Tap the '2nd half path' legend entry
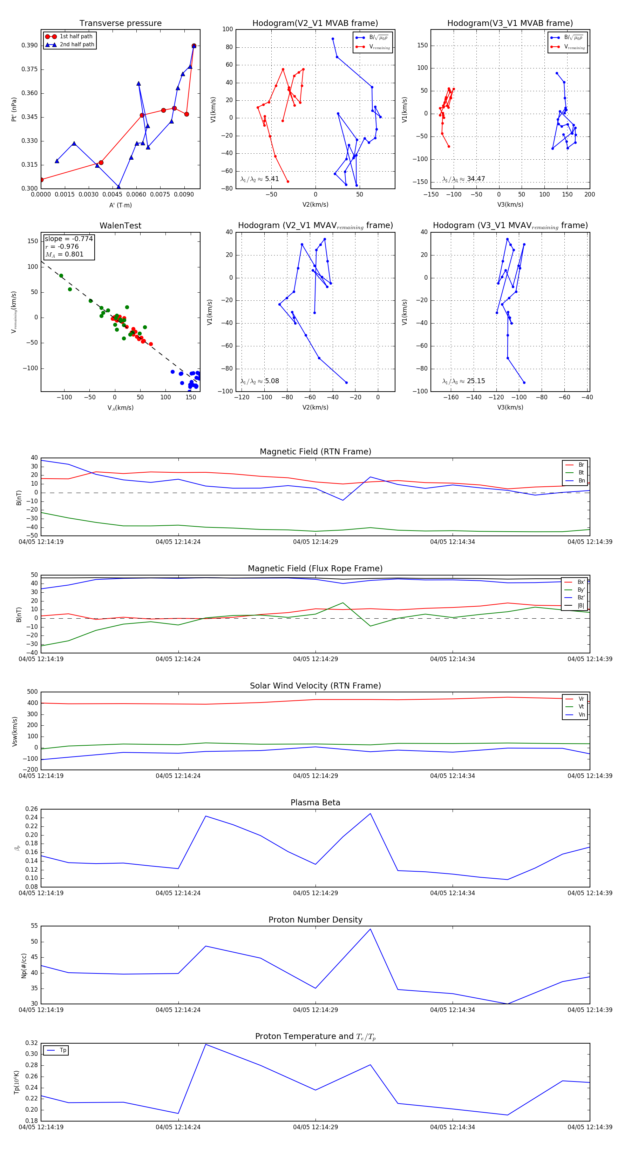pos(77,45)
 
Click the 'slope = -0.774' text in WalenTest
pos(69,239)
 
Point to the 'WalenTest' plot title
pos(120,226)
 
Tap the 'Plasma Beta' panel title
pos(315,803)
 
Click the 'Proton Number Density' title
pos(315,920)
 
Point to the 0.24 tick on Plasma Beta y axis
pos(32,818)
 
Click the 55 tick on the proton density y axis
pos(34,926)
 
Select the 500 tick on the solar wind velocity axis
pos(32,692)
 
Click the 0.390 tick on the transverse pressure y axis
pos(30,45)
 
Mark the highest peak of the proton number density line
pos(370,929)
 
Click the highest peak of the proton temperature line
pos(206,1044)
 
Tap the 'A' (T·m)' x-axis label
pos(120,205)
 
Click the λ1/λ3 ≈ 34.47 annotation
pos(463,179)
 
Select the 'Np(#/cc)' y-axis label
pos(24,965)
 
